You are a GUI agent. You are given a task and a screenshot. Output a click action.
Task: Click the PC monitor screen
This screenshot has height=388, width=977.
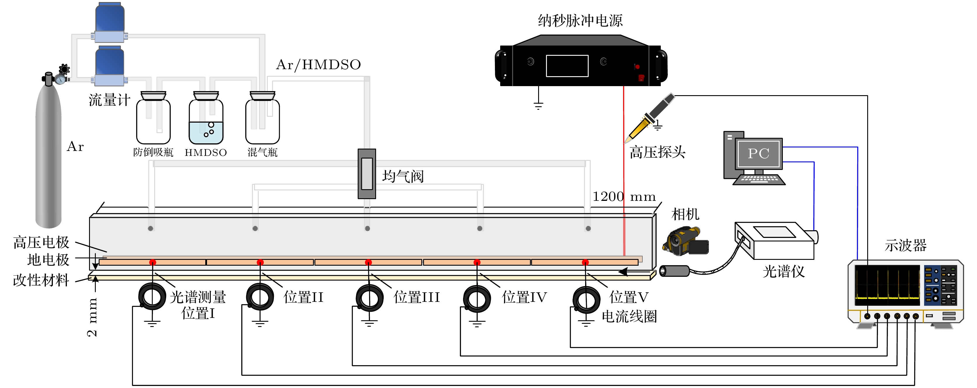(x=759, y=154)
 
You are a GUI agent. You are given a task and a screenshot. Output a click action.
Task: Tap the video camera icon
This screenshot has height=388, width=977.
(x=685, y=241)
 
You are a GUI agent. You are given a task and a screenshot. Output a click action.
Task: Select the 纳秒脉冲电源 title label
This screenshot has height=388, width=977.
(x=580, y=20)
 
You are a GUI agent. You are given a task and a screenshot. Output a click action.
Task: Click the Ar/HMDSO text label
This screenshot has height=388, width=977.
(x=318, y=65)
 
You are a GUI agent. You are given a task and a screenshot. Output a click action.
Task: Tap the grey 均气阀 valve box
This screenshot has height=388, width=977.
(x=367, y=174)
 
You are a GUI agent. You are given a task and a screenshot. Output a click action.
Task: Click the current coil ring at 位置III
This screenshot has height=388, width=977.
(x=369, y=298)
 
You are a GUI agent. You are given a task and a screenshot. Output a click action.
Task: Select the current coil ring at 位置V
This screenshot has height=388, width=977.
(x=586, y=300)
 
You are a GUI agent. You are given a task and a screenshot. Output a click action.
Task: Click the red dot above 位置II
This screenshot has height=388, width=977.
(x=260, y=262)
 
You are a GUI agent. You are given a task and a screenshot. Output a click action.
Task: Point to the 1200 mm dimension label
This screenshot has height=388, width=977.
(x=624, y=196)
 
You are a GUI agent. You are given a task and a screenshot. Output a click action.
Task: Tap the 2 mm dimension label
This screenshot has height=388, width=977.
(x=92, y=317)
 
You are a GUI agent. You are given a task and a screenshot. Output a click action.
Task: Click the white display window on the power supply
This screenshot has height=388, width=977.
(x=567, y=66)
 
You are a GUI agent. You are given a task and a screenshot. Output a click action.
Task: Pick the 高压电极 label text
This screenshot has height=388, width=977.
(x=41, y=242)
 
